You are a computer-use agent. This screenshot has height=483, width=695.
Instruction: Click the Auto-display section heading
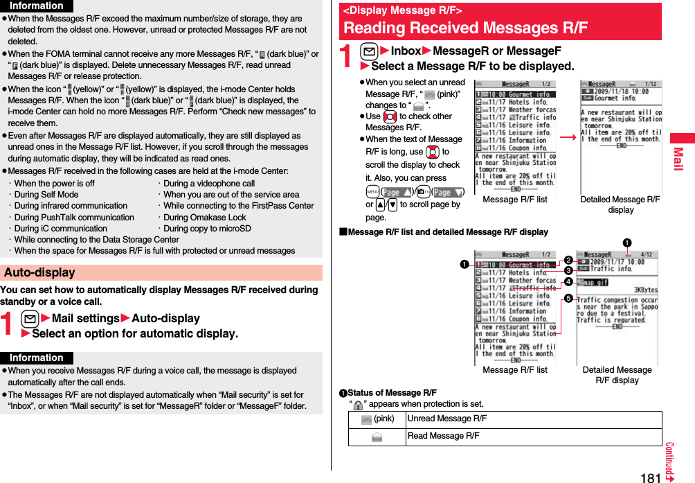click(39, 272)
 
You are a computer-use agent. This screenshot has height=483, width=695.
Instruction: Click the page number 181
click(651, 477)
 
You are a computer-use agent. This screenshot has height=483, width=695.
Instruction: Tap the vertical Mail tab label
click(678, 164)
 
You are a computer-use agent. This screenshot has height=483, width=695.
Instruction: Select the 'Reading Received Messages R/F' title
click(465, 28)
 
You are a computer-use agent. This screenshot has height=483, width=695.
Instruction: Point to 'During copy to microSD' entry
click(207, 228)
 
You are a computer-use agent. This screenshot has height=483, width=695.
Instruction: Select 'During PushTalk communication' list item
click(73, 217)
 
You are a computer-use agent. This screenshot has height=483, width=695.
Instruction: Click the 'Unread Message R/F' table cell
click(446, 419)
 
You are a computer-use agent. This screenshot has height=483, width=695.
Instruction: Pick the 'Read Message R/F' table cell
click(443, 436)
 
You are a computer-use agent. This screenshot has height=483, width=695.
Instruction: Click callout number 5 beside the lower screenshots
click(567, 299)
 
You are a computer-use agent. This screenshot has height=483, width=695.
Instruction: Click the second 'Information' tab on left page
click(37, 358)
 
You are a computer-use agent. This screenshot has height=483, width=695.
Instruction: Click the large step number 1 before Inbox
click(347, 58)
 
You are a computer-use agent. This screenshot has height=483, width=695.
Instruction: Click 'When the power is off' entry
click(54, 184)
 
